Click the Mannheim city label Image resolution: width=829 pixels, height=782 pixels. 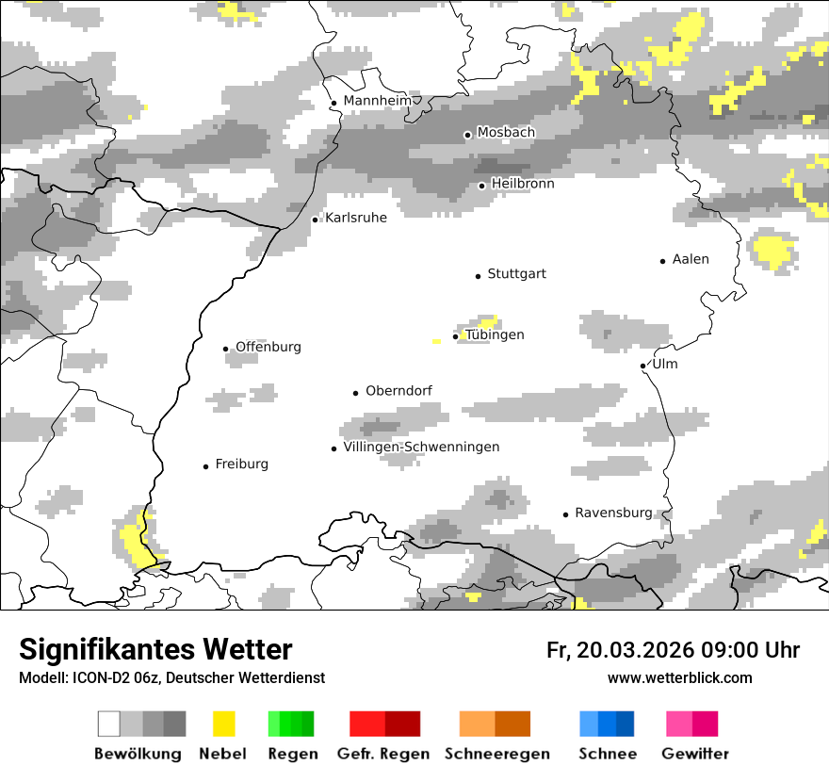377,101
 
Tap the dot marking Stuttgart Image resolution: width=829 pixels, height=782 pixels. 478,276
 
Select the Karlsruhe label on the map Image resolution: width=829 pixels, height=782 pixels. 355,218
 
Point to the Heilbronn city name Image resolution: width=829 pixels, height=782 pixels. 522,184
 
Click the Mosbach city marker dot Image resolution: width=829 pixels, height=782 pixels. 467,135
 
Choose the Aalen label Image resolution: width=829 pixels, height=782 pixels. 691,259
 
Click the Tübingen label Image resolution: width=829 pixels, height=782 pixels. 495,334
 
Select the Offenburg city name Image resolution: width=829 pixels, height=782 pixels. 268,347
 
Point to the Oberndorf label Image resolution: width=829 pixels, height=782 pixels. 398,391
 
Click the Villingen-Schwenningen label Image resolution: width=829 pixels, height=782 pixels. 421,447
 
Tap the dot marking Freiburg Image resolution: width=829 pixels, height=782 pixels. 205,466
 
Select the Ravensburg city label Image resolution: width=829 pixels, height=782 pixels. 613,513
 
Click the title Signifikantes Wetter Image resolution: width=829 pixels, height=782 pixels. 155,649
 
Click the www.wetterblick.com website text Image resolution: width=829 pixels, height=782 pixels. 679,678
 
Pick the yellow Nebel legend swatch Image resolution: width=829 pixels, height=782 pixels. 223,724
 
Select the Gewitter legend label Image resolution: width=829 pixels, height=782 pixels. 695,754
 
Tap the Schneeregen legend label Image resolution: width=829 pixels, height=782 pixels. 496,754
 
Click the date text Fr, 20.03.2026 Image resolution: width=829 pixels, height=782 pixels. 620,650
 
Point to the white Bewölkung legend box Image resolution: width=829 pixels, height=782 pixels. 109,724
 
